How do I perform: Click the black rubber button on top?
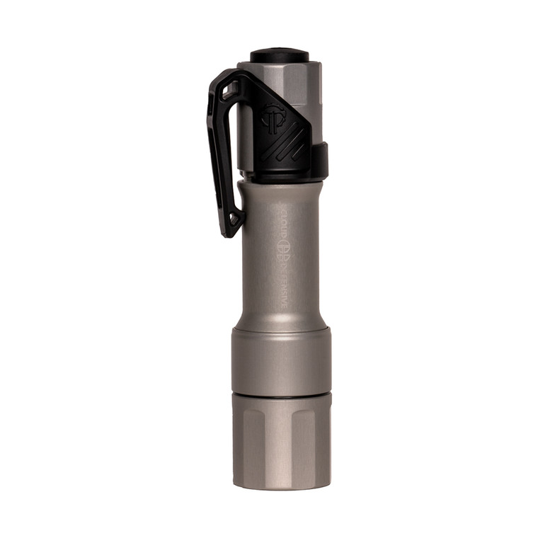click(x=279, y=55)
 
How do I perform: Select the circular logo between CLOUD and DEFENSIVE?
click(x=284, y=248)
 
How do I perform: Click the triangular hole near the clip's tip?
click(x=231, y=212)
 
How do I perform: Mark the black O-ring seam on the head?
click(x=281, y=395)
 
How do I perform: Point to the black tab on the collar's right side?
click(x=322, y=159)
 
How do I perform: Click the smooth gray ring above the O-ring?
click(x=281, y=361)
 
